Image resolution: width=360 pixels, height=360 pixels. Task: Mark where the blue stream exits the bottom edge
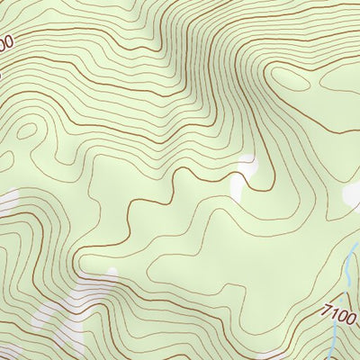click(331, 358)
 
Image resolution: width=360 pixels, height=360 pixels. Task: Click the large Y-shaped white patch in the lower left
click(72, 315)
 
